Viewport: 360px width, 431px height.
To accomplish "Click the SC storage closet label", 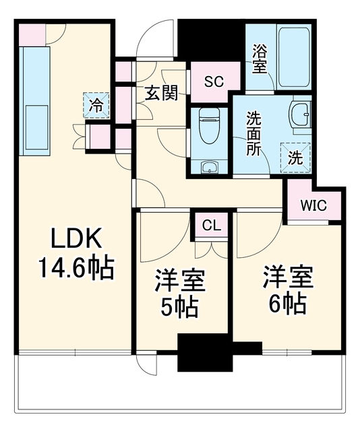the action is (214, 81).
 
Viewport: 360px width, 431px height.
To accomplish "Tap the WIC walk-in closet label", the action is (313, 205).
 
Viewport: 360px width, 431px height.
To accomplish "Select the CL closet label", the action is (212, 226).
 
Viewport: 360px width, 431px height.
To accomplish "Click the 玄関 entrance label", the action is (161, 93).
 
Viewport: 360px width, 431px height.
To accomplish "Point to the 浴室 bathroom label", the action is (260, 59).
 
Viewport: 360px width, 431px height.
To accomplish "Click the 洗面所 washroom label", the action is (253, 133).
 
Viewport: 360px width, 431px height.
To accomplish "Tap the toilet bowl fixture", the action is (209, 125).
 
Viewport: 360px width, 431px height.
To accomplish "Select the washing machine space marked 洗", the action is (295, 158).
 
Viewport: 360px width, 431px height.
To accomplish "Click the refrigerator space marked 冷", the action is (96, 105).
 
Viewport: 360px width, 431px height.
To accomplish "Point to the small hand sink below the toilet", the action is (210, 166).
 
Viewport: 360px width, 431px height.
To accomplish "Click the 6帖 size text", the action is (288, 304).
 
